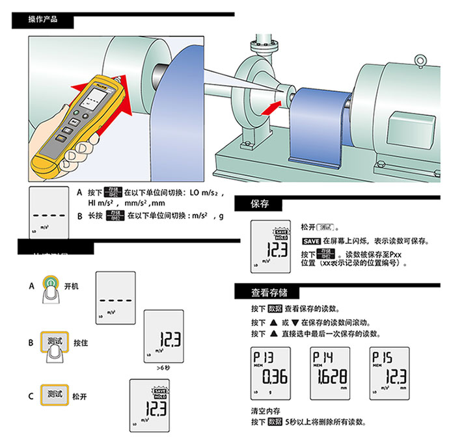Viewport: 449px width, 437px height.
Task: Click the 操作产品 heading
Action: pyautogui.click(x=43, y=20)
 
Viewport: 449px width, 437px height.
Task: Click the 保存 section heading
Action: pyautogui.click(x=260, y=204)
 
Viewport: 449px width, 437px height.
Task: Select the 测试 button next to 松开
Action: pyautogui.click(x=54, y=394)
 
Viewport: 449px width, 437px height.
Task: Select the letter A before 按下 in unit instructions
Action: pyautogui.click(x=79, y=193)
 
